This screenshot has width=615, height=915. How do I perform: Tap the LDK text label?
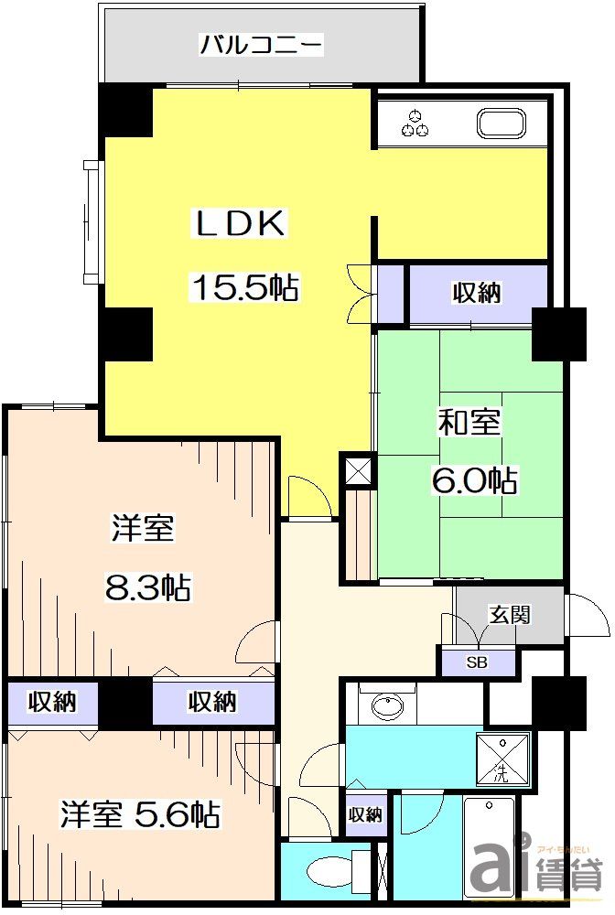pyautogui.click(x=241, y=224)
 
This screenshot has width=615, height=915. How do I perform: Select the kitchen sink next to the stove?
pyautogui.click(x=500, y=124)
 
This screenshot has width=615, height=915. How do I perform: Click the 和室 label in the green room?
pyautogui.click(x=469, y=423)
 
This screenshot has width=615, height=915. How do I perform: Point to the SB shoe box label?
pyautogui.click(x=477, y=662)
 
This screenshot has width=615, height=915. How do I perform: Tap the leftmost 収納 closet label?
pyautogui.click(x=51, y=703)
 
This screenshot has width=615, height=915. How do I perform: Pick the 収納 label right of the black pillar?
pyautogui.click(x=213, y=703)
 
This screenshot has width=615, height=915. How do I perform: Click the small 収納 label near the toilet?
pyautogui.click(x=365, y=814)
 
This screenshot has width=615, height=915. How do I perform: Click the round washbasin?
pyautogui.click(x=386, y=706)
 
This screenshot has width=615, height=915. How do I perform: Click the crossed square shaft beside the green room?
pyautogui.click(x=358, y=470)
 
